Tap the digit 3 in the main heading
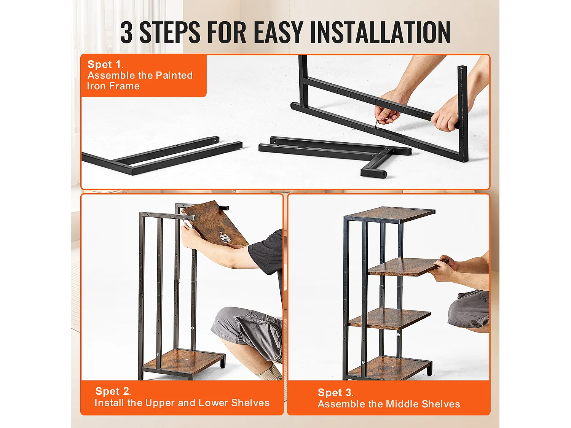(126, 32)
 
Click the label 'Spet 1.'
(105, 64)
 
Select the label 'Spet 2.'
(113, 391)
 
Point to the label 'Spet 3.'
(336, 392)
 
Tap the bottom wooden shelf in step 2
(183, 362)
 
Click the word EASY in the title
(278, 32)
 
